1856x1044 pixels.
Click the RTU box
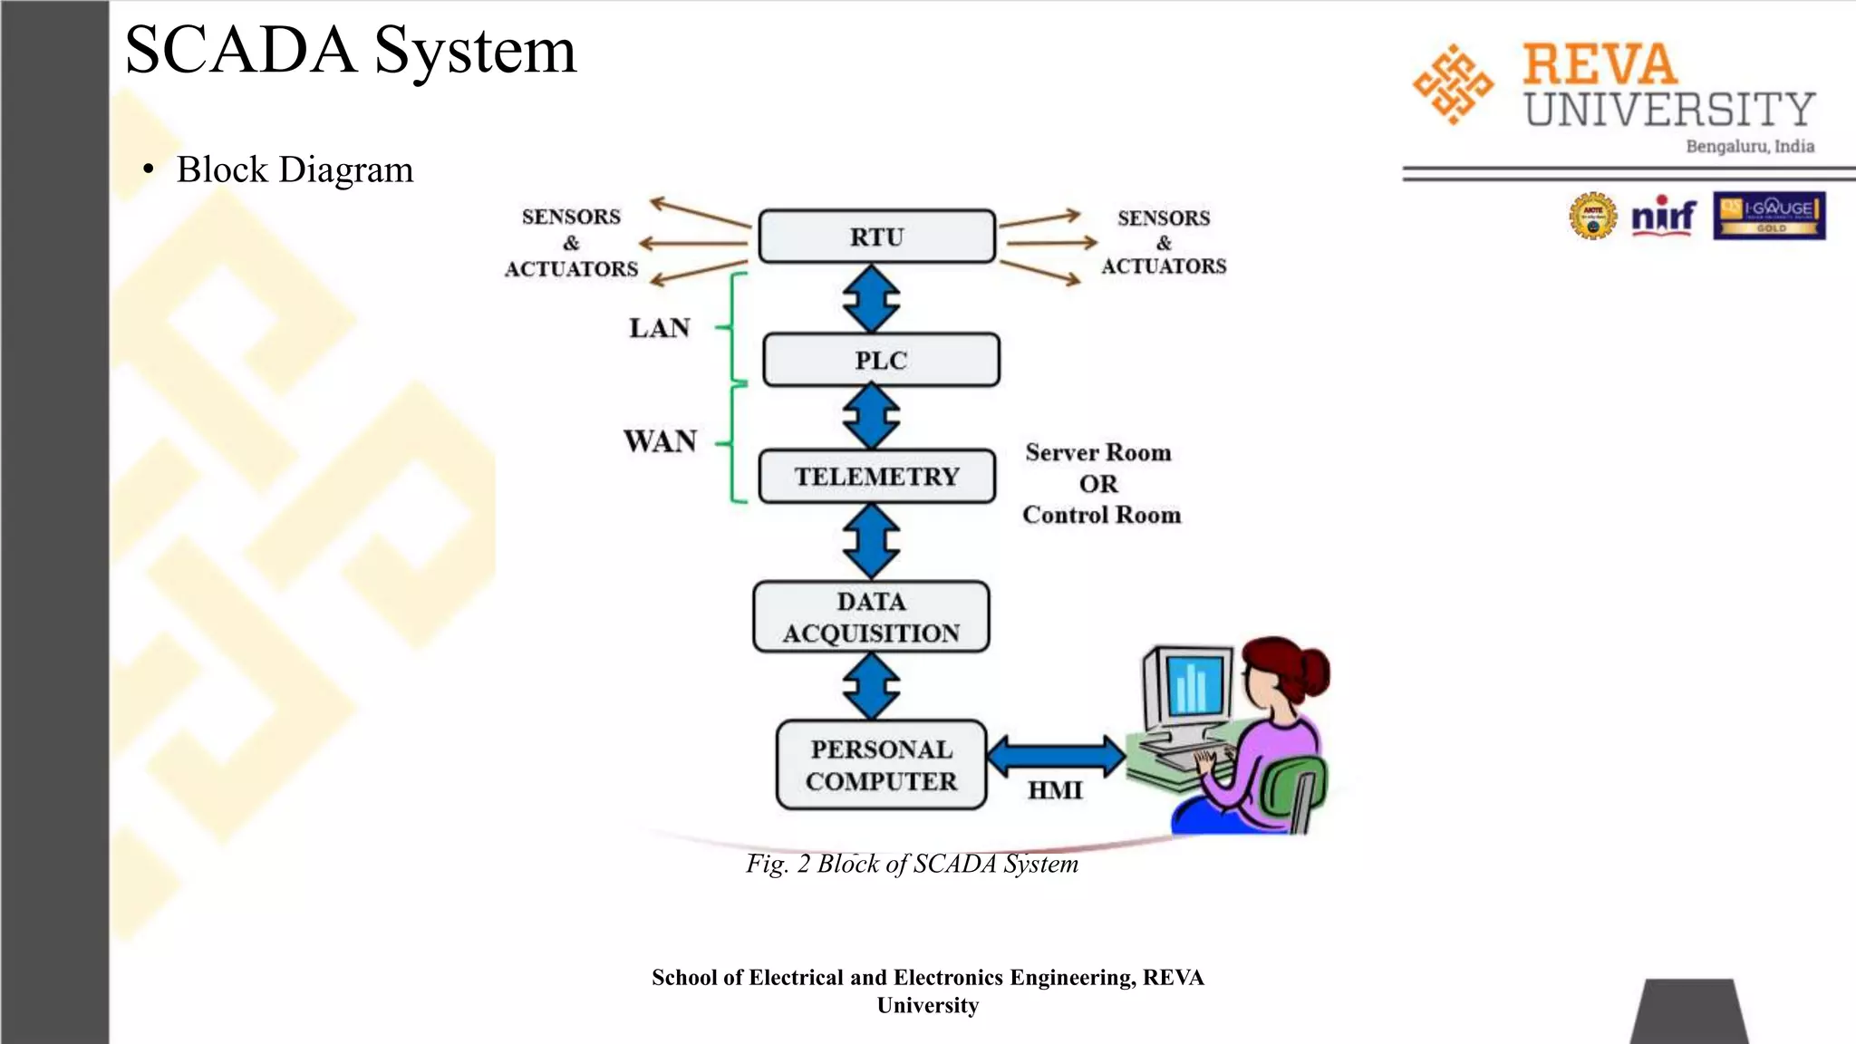[876, 237]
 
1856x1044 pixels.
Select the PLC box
[881, 360]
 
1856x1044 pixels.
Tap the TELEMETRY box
[876, 476]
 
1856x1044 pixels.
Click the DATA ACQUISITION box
[871, 617]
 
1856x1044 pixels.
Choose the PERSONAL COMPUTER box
[881, 765]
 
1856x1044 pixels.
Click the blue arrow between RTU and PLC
[871, 298]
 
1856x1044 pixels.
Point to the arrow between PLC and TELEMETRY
[871, 417]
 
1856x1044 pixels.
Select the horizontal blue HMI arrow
[1056, 756]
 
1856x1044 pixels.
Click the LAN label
[660, 327]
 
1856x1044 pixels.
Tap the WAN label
[660, 441]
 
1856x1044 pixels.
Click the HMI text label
[1055, 790]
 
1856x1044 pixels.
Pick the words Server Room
[1097, 452]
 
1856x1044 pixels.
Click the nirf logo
[1663, 216]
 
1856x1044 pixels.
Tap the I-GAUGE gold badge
[1768, 216]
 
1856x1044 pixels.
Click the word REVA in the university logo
[1600, 64]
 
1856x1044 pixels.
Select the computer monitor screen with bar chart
[1194, 685]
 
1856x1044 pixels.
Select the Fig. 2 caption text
[912, 864]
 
